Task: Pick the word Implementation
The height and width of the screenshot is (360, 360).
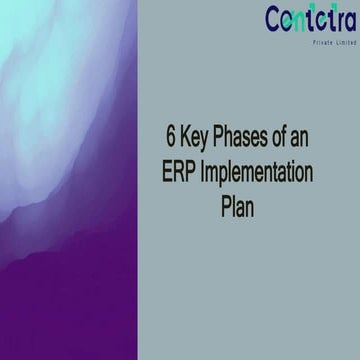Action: click(x=257, y=172)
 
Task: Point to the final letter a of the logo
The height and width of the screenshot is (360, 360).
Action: click(x=347, y=21)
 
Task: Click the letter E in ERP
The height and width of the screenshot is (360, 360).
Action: click(x=168, y=172)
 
